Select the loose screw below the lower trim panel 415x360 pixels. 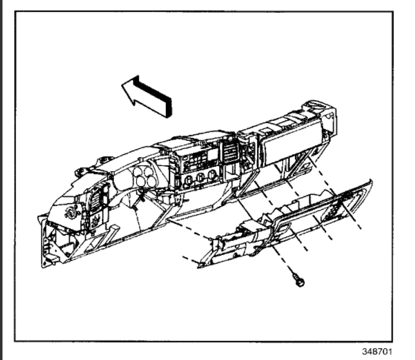[x=299, y=281]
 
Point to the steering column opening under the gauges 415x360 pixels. [x=144, y=205]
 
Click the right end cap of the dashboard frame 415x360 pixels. [x=326, y=115]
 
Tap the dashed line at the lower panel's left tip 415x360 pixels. [x=189, y=256]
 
